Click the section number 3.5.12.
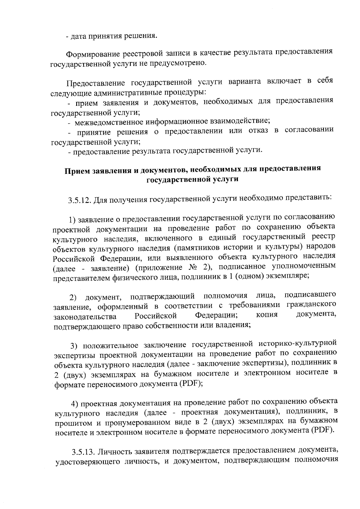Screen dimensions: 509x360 (x=79, y=200)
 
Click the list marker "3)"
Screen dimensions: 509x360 (x=74, y=346)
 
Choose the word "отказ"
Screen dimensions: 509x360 (x=258, y=131)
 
